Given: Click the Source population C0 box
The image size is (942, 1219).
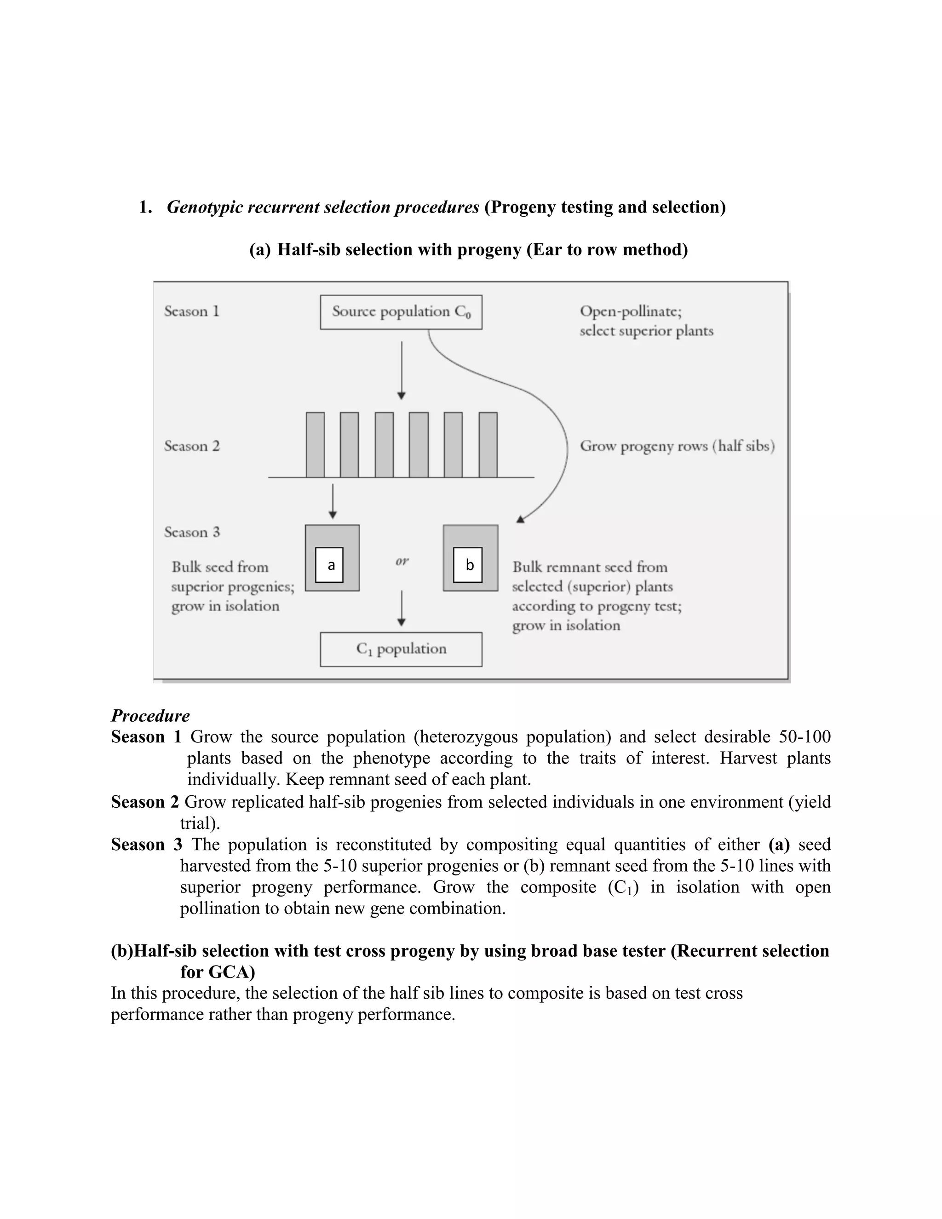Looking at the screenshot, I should (x=401, y=312).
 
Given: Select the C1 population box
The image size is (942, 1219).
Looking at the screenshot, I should (x=401, y=649).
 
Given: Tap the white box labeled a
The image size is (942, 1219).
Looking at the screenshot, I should (x=329, y=565).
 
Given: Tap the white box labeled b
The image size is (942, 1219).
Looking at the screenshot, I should (x=468, y=565).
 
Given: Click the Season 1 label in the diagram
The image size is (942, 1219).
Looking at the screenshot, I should (x=191, y=311).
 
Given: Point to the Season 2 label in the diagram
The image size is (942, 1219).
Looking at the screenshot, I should (x=191, y=446).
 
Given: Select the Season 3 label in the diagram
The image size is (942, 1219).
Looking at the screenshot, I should (x=191, y=532).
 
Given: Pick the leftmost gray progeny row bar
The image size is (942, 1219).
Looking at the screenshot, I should (x=315, y=445).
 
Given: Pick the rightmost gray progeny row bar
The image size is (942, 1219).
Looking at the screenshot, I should (x=488, y=445).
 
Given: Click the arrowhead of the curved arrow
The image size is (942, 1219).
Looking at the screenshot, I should (x=520, y=520).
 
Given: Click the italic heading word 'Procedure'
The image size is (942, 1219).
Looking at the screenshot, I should (x=150, y=716).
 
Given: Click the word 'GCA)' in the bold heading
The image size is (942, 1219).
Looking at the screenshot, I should (x=232, y=972).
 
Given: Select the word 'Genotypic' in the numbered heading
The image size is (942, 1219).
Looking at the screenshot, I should (x=204, y=207).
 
